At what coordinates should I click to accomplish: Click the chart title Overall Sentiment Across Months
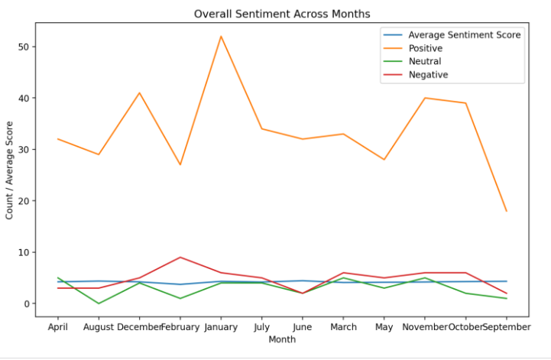point(282,14)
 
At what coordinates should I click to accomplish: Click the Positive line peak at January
point(221,37)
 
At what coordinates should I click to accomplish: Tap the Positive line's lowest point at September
point(506,211)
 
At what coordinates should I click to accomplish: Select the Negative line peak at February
point(180,258)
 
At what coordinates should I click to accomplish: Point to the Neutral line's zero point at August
point(99,303)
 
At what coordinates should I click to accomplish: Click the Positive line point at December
point(139,93)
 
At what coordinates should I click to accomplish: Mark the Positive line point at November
point(425,98)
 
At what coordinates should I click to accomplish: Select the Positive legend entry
point(425,48)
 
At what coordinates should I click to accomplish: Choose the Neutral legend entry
point(424,61)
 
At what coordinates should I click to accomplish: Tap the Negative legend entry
point(427,75)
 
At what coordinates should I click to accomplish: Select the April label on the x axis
point(57,327)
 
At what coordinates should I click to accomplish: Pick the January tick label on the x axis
point(221,327)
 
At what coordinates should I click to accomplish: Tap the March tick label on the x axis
point(343,327)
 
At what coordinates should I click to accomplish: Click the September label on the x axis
point(506,327)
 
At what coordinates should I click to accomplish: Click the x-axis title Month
point(282,339)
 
